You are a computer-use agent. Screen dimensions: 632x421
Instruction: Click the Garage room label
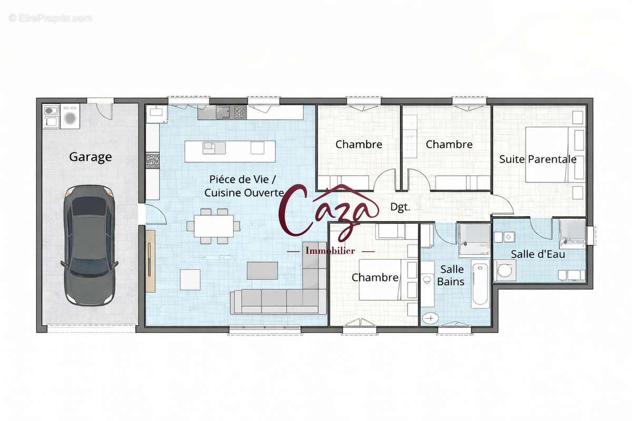coord(90,157)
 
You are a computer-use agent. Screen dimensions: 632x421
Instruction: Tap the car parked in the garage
coord(90,246)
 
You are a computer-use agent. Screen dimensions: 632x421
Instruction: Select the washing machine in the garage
coord(70,116)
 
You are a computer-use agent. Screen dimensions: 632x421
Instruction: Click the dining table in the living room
coord(214,226)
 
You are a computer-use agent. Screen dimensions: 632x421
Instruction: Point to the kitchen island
coord(230,152)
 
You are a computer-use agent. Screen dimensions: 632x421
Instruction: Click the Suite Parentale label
coord(538,159)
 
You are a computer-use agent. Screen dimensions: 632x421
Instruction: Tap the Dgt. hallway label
coord(400,207)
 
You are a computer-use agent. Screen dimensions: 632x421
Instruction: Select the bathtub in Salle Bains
coord(480,284)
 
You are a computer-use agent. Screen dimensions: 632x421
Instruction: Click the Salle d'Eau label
coord(538,254)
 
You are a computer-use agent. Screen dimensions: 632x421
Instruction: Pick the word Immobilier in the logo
coord(330,250)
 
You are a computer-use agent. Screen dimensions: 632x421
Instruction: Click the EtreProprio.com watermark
coord(50,18)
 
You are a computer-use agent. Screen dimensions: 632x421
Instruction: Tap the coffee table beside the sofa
coord(262,270)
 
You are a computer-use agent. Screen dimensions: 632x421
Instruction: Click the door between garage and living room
coord(154,214)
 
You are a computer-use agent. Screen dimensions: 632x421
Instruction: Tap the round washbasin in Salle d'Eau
coord(505,270)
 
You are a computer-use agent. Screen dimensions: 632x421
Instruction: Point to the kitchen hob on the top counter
coord(240,112)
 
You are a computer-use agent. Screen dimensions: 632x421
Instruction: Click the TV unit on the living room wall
coord(151,261)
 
